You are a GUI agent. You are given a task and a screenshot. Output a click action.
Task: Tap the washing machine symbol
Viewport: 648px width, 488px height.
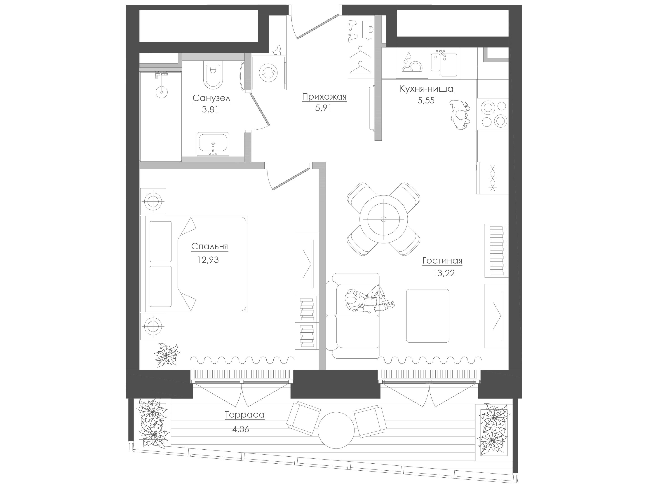point(268,73)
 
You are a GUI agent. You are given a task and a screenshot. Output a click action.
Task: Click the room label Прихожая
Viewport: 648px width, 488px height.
point(324,97)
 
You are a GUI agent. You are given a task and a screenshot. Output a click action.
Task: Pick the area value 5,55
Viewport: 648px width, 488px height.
point(426,101)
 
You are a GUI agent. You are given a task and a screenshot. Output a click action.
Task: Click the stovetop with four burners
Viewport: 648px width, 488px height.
point(493,114)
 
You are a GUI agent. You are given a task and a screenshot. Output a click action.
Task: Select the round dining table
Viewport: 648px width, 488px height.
point(383,219)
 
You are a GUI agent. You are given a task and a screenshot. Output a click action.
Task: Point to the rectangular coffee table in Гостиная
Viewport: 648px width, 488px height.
point(427,315)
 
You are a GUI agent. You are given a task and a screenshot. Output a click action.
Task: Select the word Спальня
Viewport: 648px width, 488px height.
point(209,247)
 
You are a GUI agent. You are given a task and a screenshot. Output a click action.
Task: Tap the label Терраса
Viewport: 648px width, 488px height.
point(245,415)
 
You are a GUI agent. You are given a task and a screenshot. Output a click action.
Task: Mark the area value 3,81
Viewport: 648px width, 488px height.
point(210,110)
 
